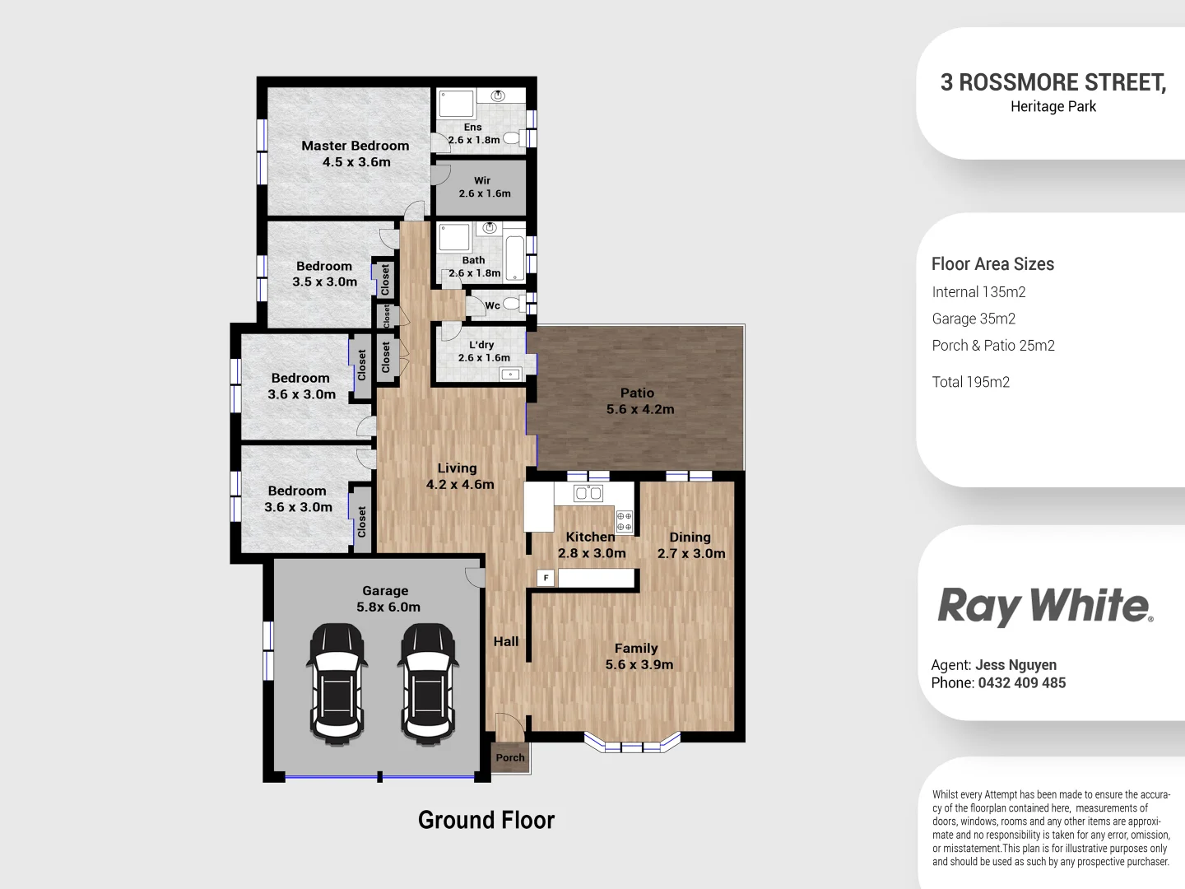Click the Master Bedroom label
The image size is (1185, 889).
tap(355, 146)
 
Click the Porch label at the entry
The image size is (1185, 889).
tap(510, 757)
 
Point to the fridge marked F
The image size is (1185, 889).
tap(545, 578)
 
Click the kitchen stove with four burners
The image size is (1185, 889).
tap(625, 521)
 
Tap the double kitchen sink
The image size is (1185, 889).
tap(588, 493)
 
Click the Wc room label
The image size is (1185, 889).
tap(492, 305)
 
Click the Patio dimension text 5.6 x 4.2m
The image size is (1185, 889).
tap(639, 409)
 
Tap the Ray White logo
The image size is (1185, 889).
tap(1044, 606)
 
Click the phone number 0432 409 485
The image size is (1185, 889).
tap(1021, 682)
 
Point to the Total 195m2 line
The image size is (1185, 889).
tap(970, 382)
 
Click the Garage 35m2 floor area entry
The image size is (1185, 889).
tap(974, 319)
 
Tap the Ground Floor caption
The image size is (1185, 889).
tap(486, 820)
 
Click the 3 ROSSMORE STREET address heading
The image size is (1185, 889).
tap(1053, 82)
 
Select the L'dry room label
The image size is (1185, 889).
tap(481, 345)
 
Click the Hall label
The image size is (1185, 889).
tap(505, 641)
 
